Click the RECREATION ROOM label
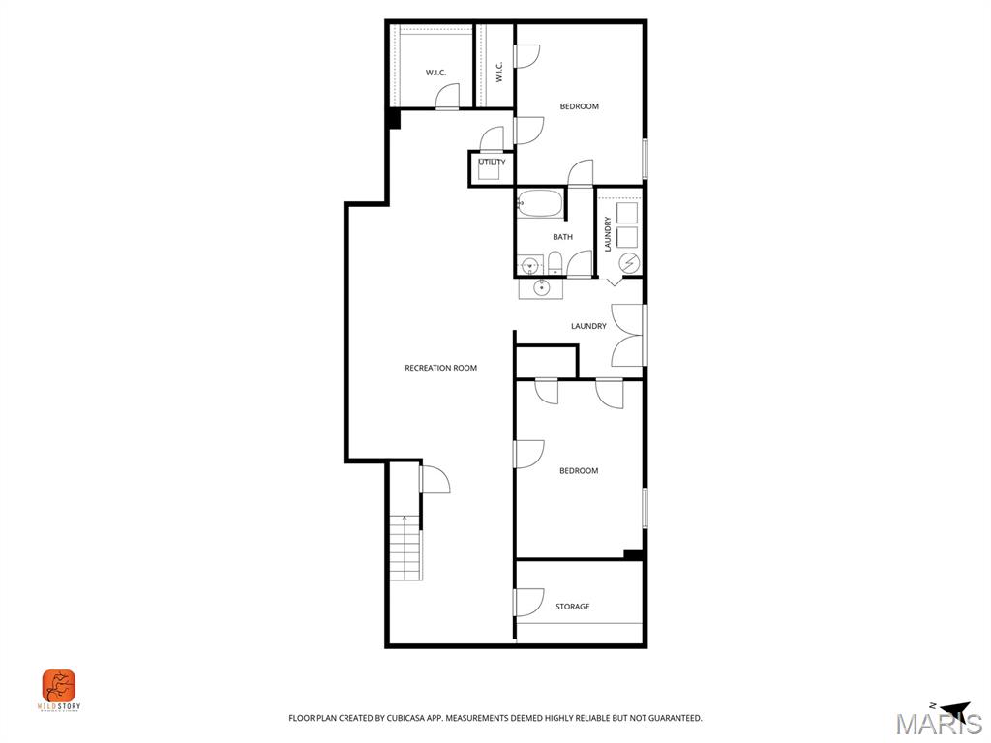tap(440, 368)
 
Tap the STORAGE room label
tap(572, 607)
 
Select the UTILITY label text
tap(492, 163)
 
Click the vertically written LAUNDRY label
tap(608, 234)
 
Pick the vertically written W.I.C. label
tap(499, 72)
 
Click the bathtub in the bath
tap(540, 203)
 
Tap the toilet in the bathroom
tap(555, 263)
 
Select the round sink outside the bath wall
tap(540, 287)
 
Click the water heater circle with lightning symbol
tap(628, 262)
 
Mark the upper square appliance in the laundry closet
tap(627, 211)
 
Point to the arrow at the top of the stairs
tap(405, 520)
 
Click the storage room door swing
tap(528, 603)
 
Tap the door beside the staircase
tap(434, 479)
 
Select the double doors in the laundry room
tap(628, 335)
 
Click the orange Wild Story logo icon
tap(59, 686)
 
